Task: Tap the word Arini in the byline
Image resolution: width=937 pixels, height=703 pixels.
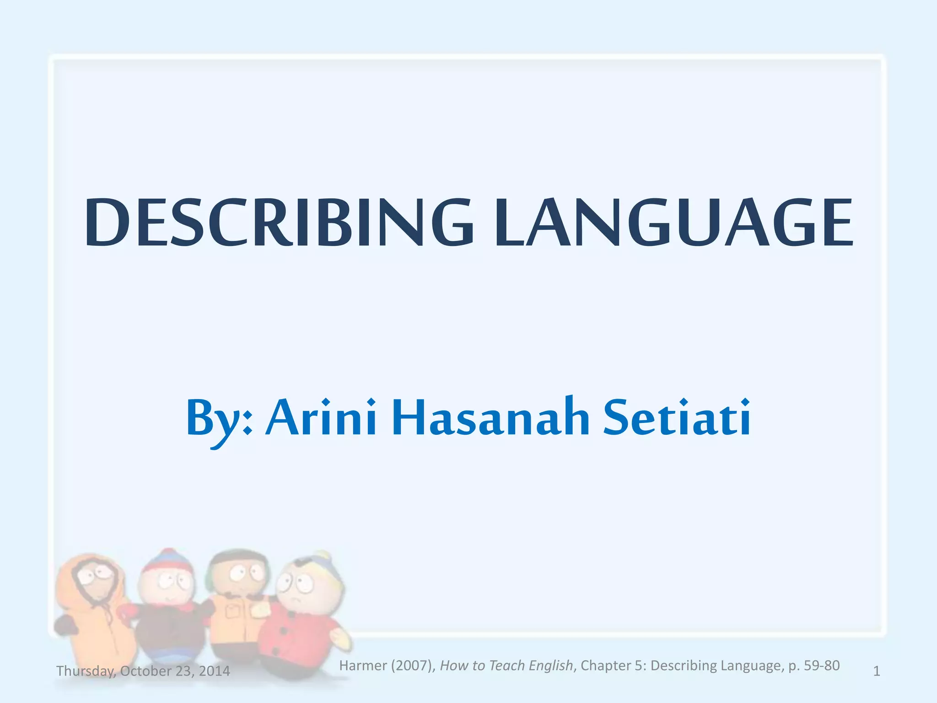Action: coord(321,417)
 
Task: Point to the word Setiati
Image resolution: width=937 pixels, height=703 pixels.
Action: coord(676,417)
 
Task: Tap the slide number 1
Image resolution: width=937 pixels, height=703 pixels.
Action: coord(877,671)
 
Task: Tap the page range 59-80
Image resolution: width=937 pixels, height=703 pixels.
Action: coord(822,665)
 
